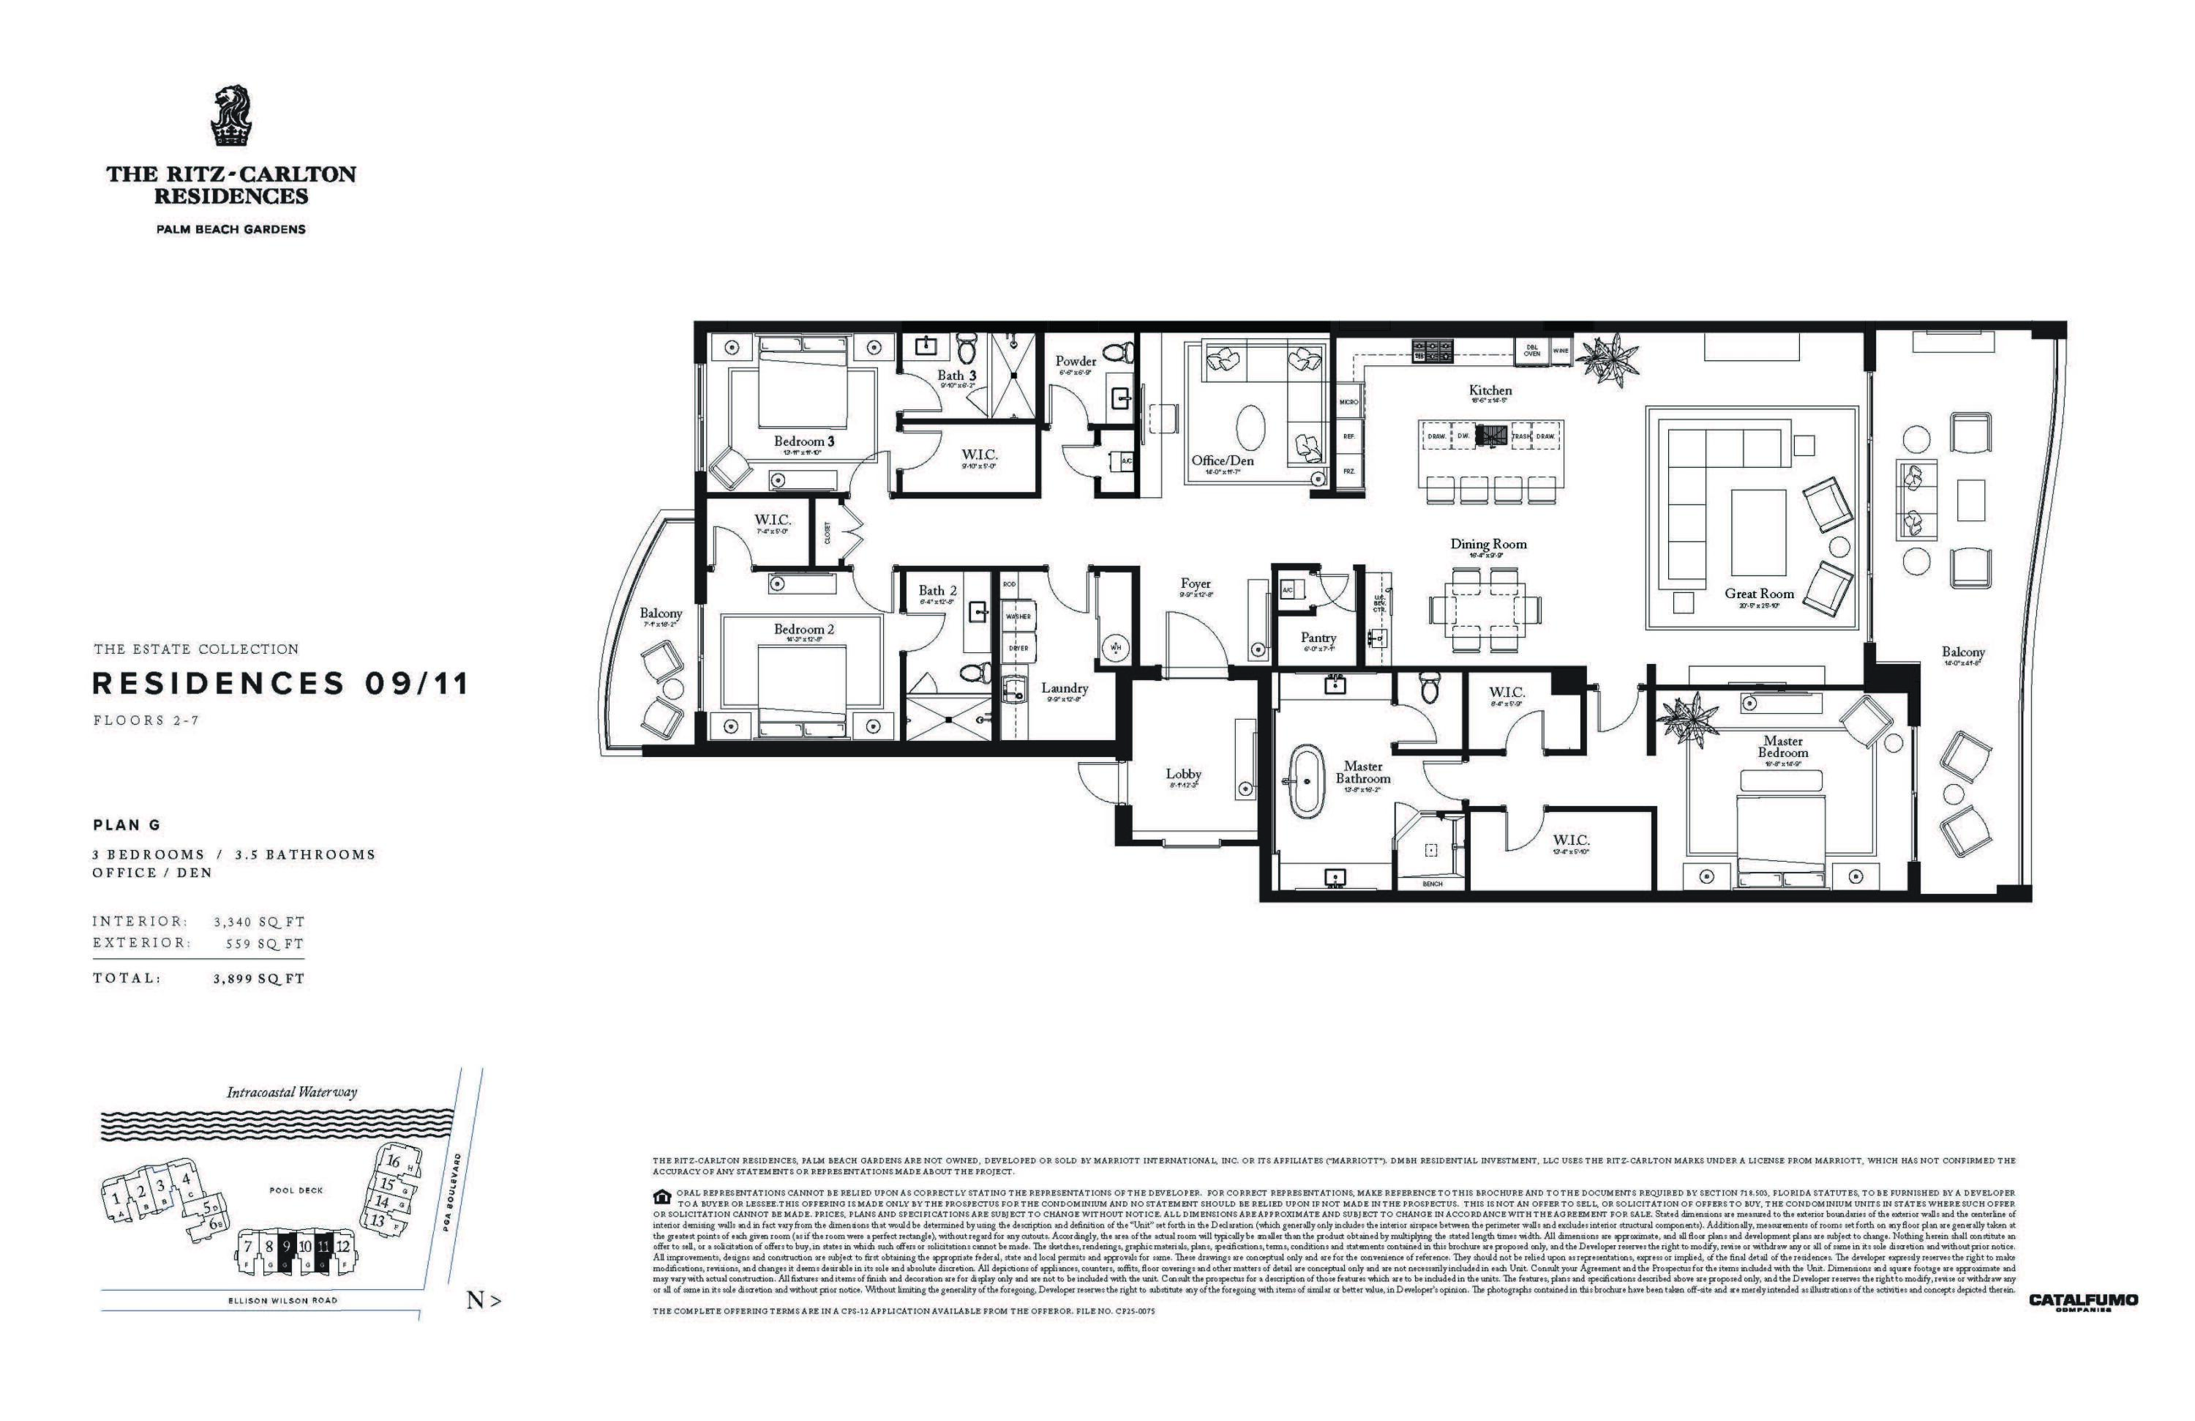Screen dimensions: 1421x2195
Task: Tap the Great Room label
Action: [x=1759, y=593]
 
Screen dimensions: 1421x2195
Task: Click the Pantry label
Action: [x=1318, y=638]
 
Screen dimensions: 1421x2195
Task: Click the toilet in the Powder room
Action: [x=1119, y=351]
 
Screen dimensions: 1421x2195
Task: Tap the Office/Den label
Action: [x=1222, y=460]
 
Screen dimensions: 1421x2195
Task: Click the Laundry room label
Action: [x=1065, y=687]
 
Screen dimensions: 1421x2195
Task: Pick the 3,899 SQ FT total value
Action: [x=258, y=979]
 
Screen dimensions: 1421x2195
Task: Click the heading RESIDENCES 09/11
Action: [x=281, y=684]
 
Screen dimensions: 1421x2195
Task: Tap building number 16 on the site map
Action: [x=393, y=1162]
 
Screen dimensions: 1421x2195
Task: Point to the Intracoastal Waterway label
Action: [x=291, y=1092]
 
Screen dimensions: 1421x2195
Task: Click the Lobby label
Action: [x=1183, y=774]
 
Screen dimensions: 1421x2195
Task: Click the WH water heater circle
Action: [x=1116, y=647]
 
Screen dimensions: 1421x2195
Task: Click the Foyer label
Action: [x=1196, y=583]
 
